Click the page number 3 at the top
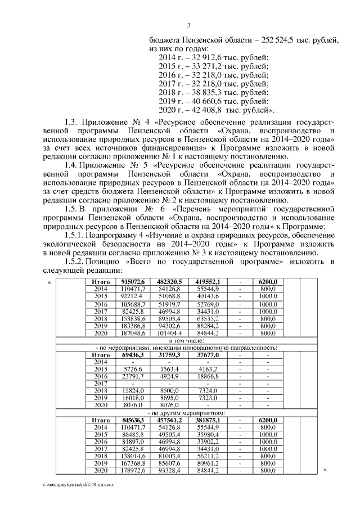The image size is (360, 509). pos(189,24)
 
